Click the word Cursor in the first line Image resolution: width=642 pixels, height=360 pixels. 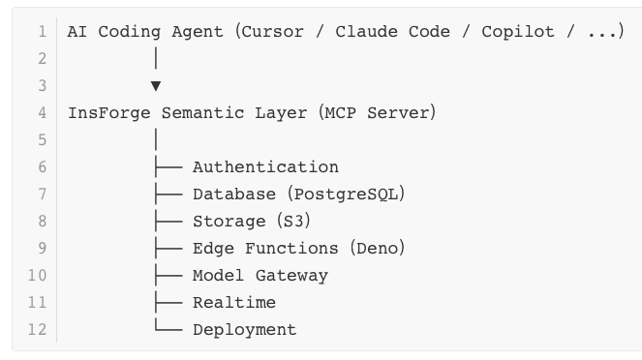point(273,32)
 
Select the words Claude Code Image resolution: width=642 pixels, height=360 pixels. point(392,32)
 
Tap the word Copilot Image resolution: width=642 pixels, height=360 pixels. point(518,32)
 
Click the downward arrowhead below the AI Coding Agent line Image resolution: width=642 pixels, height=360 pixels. point(156,86)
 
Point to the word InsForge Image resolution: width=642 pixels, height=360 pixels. point(109,113)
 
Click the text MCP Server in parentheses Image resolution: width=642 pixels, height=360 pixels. point(377,113)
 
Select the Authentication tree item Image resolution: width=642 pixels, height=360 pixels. point(265,166)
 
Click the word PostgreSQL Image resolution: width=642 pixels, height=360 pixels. point(346,195)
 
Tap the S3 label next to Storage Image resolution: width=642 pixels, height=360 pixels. point(293,222)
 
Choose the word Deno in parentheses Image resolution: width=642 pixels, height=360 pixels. point(377,249)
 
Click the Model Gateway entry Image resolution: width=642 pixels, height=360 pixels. point(260,276)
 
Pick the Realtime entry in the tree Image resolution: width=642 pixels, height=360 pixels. point(234,303)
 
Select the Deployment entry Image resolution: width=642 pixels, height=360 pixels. point(245,330)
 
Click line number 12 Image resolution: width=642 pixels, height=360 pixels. point(37,329)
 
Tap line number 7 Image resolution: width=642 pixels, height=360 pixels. point(43,194)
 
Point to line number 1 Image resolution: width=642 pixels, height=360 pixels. point(43,32)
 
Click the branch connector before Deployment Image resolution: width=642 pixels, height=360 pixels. point(168,324)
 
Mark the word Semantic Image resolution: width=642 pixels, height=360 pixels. point(202,113)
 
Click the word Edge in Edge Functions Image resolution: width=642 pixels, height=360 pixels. point(213,249)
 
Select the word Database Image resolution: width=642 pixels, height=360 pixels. point(234,195)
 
